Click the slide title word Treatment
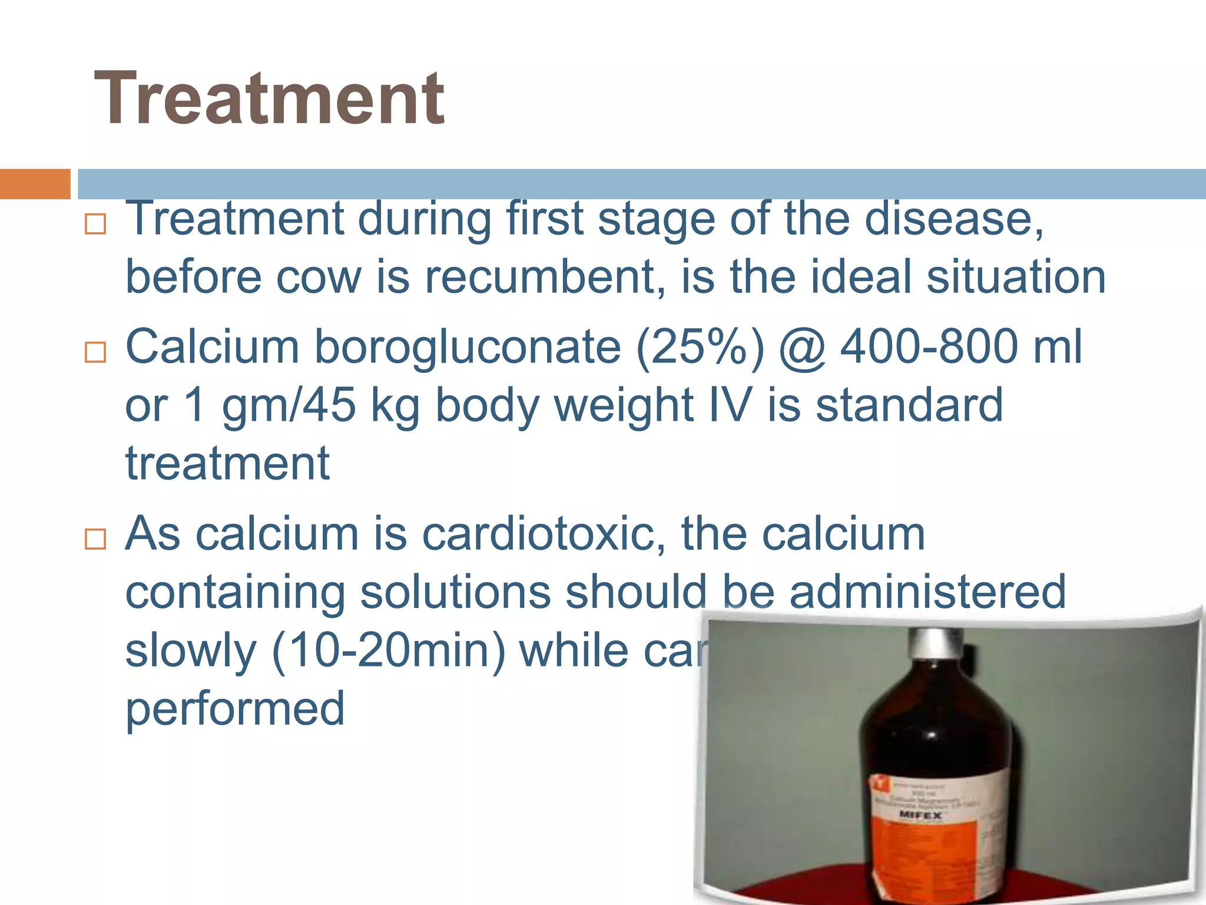[x=269, y=99]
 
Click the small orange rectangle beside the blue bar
[x=35, y=184]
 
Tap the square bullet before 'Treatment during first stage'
[x=95, y=224]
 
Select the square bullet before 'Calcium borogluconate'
[x=95, y=352]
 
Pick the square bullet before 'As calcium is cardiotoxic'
[x=95, y=539]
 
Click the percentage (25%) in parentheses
[x=700, y=347]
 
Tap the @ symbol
[x=802, y=347]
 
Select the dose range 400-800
[x=929, y=347]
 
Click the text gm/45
[x=289, y=405]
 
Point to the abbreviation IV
[x=731, y=405]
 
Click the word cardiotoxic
[x=544, y=534]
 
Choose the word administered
[x=927, y=592]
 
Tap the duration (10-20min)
[x=388, y=650]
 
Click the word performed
[x=235, y=709]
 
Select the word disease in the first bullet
[x=953, y=219]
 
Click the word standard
[x=909, y=405]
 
